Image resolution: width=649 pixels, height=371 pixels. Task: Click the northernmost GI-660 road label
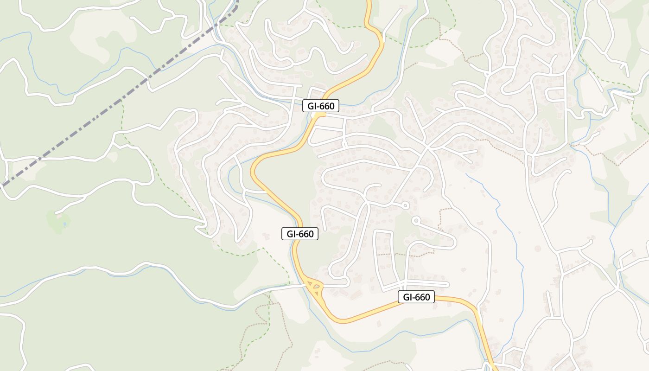click(x=321, y=106)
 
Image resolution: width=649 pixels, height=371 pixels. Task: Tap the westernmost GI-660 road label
click(x=300, y=234)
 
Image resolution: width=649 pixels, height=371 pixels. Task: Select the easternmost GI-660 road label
click(x=416, y=297)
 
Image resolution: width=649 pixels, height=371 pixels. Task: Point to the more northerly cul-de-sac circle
click(x=405, y=205)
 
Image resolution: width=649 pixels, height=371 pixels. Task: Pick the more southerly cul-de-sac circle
click(x=416, y=220)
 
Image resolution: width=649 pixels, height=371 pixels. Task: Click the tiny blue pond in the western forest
click(x=64, y=224)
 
